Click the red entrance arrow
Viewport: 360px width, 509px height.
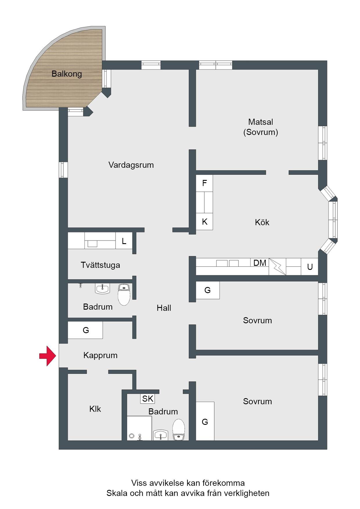coord(48,355)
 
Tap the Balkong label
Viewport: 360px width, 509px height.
coord(67,74)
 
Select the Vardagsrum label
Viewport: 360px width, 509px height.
coord(131,165)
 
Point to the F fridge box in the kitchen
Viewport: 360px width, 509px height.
coord(204,183)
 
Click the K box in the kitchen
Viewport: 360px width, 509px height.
coord(204,222)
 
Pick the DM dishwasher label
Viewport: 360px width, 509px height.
coord(260,263)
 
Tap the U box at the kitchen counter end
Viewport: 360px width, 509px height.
coord(310,267)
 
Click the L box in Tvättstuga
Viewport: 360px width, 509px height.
coord(124,241)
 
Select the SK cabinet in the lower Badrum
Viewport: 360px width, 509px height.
coord(147,399)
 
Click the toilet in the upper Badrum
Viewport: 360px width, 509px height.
coord(124,295)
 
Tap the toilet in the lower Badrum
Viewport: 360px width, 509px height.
coord(179,430)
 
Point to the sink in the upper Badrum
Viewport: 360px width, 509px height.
coord(102,289)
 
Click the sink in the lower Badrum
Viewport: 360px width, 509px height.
coord(161,435)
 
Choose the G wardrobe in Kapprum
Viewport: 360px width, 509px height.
coord(85,330)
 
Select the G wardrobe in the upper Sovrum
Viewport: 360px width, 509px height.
coord(208,290)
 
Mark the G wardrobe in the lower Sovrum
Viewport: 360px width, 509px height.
coord(205,421)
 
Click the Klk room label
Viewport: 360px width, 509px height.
coord(95,409)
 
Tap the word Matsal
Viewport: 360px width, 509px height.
coord(260,122)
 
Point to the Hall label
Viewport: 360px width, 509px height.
coord(164,308)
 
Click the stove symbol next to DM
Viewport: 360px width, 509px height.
coord(277,267)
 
